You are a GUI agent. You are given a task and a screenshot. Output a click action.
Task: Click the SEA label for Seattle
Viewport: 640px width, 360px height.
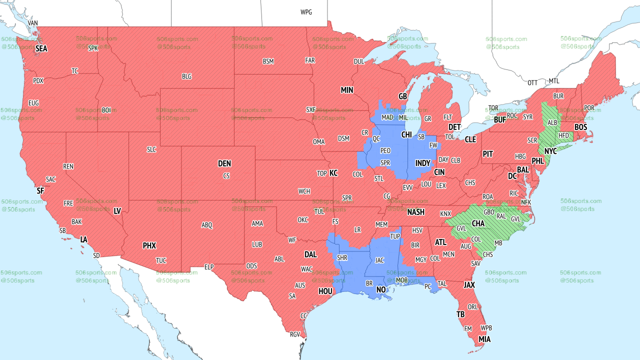tap(41, 49)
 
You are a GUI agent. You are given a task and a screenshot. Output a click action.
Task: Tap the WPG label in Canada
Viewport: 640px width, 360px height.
tap(306, 12)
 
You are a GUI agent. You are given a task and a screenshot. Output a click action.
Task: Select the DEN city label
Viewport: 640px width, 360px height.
tap(224, 163)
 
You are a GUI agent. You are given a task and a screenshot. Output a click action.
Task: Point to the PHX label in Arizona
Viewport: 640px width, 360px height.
tap(149, 246)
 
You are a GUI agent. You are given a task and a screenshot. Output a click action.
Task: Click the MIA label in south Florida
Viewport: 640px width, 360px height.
tap(484, 339)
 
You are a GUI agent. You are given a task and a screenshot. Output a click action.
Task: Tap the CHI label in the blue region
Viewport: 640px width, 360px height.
tap(406, 135)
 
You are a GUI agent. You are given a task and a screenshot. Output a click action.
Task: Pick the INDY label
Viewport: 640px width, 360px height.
tap(422, 163)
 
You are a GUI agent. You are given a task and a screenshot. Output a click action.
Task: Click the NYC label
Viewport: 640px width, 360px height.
tap(550, 151)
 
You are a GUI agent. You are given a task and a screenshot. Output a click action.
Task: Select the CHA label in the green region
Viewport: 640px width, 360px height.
tap(478, 223)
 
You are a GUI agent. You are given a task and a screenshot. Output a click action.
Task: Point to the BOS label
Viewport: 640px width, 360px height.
tap(580, 127)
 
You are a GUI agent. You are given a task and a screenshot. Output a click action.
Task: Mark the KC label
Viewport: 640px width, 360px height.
tap(333, 173)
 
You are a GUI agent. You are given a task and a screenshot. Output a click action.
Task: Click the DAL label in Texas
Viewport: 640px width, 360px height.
tap(310, 254)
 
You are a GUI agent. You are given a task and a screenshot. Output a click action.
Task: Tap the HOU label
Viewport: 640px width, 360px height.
tap(325, 291)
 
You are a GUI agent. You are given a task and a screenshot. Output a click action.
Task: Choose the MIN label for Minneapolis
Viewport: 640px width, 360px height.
tap(347, 90)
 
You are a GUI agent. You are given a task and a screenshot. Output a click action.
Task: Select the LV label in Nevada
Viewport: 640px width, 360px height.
tap(117, 211)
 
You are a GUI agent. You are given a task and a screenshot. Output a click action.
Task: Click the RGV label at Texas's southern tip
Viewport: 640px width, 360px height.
tap(294, 334)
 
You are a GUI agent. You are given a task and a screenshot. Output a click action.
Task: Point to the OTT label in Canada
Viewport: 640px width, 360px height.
tap(532, 82)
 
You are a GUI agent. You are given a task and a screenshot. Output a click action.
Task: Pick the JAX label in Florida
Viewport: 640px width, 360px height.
tap(469, 285)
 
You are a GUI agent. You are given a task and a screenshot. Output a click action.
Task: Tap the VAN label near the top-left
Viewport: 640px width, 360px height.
tap(32, 23)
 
